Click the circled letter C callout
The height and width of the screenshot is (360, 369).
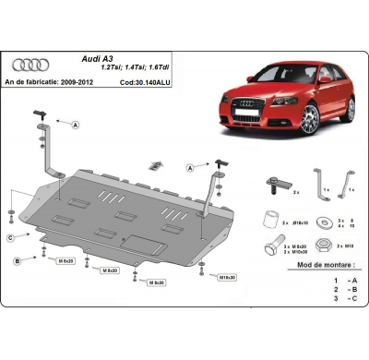(11, 238)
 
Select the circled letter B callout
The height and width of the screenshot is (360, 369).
(17, 262)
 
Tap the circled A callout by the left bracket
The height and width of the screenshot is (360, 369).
(75, 124)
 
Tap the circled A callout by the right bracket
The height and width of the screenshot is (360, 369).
(189, 169)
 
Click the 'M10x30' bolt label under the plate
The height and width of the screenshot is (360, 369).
(225, 276)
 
